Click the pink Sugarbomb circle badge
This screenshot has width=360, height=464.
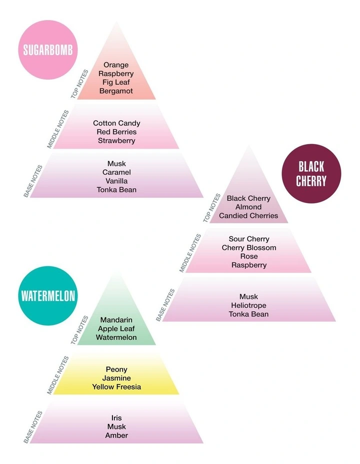point(48,49)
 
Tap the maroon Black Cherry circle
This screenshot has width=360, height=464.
point(311,173)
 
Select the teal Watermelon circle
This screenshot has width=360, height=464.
point(48,295)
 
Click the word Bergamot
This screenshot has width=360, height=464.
point(116,91)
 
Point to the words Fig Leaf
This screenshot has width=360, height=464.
point(116,82)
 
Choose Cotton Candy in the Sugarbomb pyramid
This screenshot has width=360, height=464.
point(116,123)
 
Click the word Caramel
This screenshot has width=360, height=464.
point(116,172)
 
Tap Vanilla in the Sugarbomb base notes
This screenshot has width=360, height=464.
point(116,181)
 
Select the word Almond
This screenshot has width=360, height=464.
point(248,207)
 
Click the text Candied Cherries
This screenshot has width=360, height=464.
point(248,215)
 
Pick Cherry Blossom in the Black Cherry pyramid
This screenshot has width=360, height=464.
point(249,247)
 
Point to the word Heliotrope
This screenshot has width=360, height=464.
point(249,305)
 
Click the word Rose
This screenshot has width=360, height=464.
point(249,256)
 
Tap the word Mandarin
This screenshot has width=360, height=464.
point(116,320)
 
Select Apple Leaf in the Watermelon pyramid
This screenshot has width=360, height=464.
point(116,329)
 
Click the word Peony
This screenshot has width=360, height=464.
point(116,369)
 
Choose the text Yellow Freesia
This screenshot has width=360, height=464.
point(116,387)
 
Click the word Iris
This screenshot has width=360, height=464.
point(116,418)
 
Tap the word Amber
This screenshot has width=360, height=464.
point(116,435)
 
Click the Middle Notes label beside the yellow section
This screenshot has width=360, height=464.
point(58,375)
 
